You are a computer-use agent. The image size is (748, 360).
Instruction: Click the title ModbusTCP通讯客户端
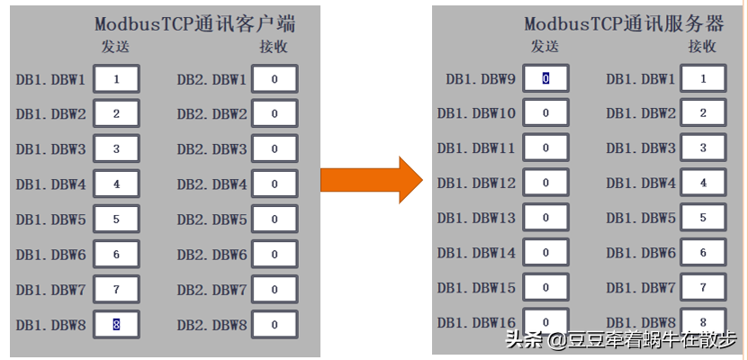196,24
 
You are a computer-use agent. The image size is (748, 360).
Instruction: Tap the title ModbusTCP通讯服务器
625,24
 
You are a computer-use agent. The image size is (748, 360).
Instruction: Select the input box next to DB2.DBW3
275,149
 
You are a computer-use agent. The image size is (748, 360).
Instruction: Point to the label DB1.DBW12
477,184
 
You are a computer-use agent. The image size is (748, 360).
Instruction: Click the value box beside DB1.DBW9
545,79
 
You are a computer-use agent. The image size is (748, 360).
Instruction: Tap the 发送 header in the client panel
115,47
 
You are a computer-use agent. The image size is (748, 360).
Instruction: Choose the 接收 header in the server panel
703,47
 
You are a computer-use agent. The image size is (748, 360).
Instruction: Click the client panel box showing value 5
116,220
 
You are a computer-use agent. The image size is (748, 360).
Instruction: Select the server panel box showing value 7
703,289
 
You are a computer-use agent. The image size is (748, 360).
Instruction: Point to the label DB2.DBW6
212,255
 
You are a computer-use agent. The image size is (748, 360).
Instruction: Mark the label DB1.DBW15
477,289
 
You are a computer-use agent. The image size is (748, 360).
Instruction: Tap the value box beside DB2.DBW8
275,325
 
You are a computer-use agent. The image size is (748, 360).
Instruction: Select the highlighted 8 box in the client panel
116,325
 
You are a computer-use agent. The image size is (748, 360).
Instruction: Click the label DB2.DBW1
212,79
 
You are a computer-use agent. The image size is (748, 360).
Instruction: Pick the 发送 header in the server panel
545,47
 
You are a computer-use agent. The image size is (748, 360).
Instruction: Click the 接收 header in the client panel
274,47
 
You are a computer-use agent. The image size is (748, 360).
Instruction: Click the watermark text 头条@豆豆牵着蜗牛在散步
620,340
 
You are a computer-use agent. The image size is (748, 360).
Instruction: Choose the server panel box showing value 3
703,148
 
